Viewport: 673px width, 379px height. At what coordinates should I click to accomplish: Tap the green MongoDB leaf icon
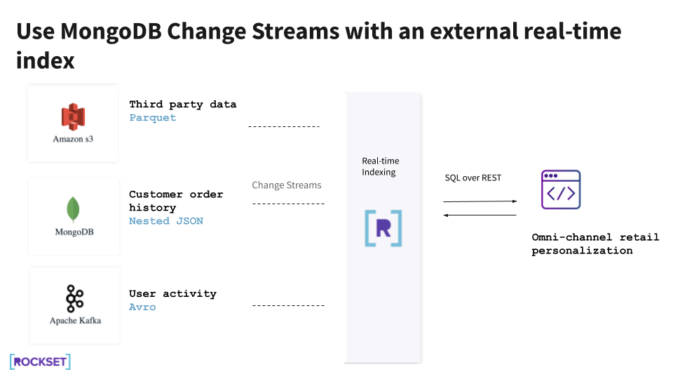click(73, 210)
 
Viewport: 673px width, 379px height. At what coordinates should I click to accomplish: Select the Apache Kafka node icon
click(74, 299)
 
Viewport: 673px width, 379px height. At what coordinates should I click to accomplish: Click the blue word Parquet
click(153, 118)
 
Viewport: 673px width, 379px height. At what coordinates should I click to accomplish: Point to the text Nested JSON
click(166, 221)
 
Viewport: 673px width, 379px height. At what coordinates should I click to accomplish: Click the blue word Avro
click(142, 307)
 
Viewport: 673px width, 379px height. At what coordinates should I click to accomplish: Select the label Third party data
click(183, 105)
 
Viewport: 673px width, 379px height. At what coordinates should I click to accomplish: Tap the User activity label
click(172, 294)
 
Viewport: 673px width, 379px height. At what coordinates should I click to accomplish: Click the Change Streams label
click(287, 185)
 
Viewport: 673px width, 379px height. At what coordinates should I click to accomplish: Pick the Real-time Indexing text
click(380, 167)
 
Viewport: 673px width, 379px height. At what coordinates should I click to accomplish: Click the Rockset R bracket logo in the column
click(383, 228)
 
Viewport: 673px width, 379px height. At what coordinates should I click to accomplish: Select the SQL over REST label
click(473, 178)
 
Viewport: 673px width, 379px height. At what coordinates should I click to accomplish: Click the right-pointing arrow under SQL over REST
click(480, 201)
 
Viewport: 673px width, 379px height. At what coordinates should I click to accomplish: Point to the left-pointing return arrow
click(480, 215)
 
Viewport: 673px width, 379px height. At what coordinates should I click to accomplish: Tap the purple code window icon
click(561, 189)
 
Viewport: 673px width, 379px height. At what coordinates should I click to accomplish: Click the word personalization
click(582, 251)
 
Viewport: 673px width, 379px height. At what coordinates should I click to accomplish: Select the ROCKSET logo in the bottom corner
click(40, 362)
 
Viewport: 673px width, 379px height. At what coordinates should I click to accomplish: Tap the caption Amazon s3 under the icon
click(73, 139)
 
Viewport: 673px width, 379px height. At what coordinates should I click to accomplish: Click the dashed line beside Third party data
click(284, 127)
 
